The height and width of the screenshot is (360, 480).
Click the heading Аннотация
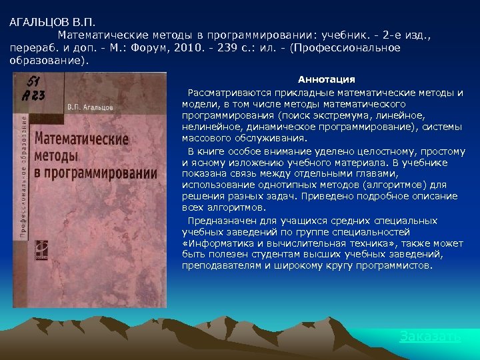[326, 79]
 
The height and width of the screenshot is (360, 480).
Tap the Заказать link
[430, 336]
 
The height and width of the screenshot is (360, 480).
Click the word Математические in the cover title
[81, 141]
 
